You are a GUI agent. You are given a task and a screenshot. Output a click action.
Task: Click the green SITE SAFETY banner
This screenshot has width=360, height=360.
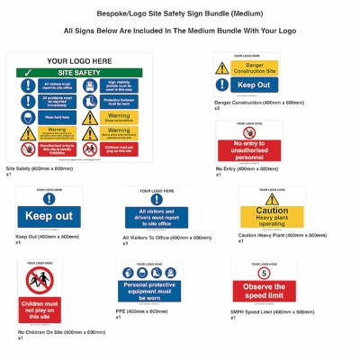tap(73, 72)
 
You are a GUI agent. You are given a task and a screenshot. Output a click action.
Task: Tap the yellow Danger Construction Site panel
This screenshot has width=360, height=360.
tap(246, 67)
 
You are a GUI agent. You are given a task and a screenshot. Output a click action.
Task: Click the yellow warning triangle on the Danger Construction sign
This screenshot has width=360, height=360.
tap(222, 67)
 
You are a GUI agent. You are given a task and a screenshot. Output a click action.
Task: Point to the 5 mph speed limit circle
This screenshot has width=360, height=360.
tap(264, 273)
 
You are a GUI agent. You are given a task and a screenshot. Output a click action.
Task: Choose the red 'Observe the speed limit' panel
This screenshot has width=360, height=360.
tap(264, 291)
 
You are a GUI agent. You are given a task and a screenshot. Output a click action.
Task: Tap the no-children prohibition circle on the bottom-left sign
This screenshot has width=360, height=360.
tap(40, 280)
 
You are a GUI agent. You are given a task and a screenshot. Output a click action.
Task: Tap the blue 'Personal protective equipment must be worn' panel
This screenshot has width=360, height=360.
tap(148, 290)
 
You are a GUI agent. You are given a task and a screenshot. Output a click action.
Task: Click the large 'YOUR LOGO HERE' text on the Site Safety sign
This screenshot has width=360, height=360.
tap(73, 60)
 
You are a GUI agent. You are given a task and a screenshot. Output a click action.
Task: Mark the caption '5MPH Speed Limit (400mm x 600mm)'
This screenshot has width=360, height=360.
tap(272, 311)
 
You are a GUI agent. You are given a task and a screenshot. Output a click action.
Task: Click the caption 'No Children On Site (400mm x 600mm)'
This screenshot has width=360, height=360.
tap(61, 332)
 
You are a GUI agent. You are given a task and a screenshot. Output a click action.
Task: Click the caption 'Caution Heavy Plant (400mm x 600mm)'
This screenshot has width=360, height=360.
tap(282, 235)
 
